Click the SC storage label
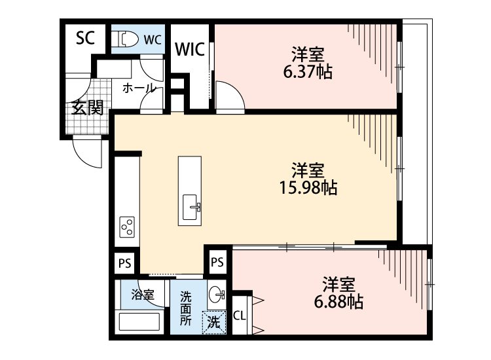tap(85, 37)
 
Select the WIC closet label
tap(190, 50)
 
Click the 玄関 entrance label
tap(86, 108)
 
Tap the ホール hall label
tap(139, 88)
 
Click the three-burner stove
tap(128, 227)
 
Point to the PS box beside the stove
tap(124, 264)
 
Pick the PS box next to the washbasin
tap(217, 262)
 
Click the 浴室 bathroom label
tap(142, 294)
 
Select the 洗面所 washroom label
tap(187, 308)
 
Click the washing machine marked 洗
tap(213, 321)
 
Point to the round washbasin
tap(217, 295)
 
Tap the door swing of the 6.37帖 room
tap(230, 95)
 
